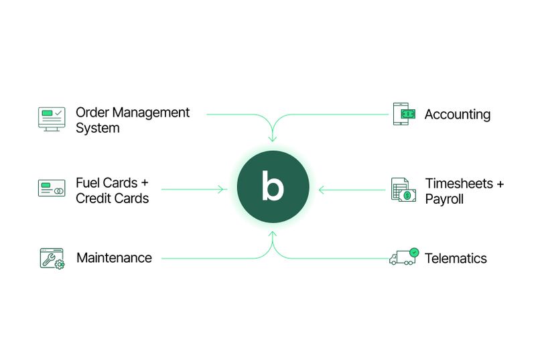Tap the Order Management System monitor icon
[x=52, y=119]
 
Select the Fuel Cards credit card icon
[x=52, y=188]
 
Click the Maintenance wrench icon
[x=52, y=258]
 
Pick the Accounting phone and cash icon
[x=403, y=114]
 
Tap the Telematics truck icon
[x=403, y=257]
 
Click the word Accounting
[x=458, y=115]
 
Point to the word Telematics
[x=456, y=258]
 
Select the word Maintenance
[x=114, y=258]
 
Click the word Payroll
[x=444, y=199]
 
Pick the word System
[x=97, y=128]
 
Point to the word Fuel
[x=88, y=183]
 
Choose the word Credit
[x=94, y=199]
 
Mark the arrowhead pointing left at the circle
[x=322, y=190]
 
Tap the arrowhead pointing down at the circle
[x=272, y=139]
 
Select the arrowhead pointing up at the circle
[x=272, y=235]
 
